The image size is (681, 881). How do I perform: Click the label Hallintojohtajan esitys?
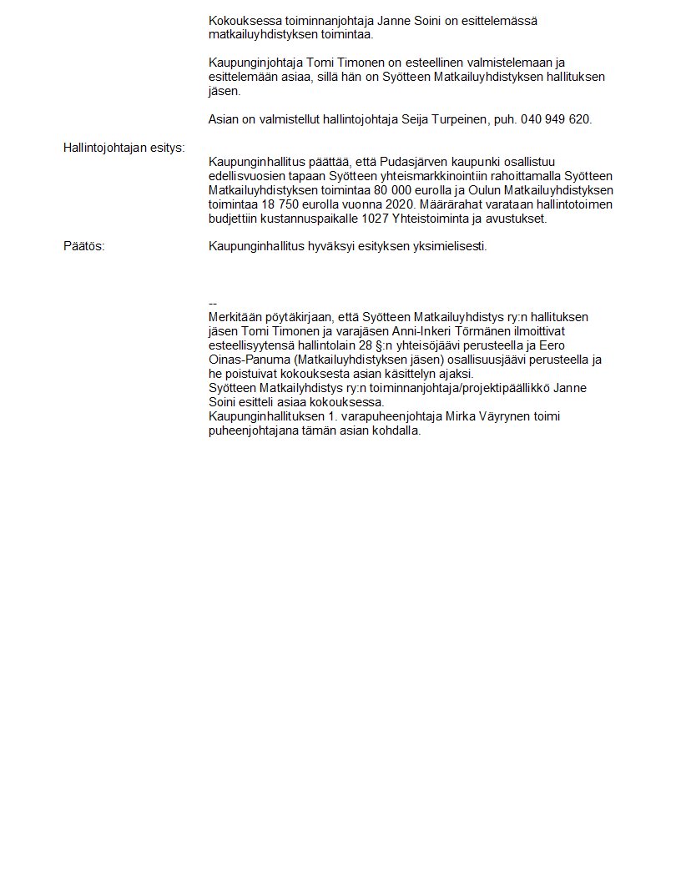(x=124, y=148)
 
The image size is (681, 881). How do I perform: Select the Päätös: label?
(x=84, y=246)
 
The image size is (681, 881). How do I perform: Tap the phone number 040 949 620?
(x=556, y=119)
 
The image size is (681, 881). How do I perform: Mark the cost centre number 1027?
(x=375, y=219)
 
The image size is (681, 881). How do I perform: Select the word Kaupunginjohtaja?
(x=255, y=63)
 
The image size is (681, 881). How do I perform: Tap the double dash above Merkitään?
(x=213, y=303)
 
